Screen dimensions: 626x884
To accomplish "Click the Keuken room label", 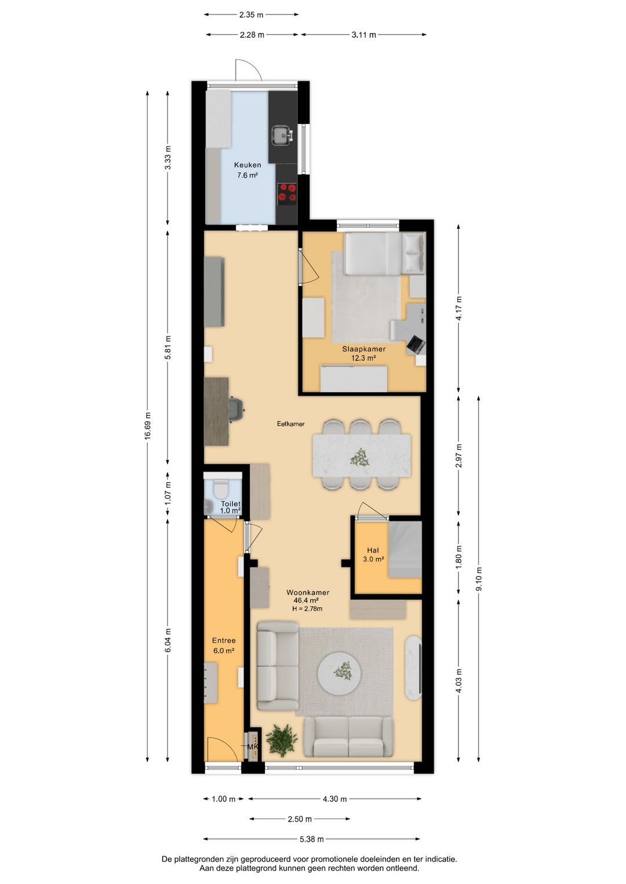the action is [x=248, y=165].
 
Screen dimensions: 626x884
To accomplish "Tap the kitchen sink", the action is [x=282, y=134].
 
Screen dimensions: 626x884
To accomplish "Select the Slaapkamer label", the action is [x=363, y=349].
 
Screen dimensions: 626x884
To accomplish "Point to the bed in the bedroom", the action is [x=385, y=253].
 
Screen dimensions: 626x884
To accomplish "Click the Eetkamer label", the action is [x=291, y=424].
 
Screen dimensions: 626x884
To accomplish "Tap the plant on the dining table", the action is [x=359, y=457].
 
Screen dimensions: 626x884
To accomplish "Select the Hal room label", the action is [x=373, y=550].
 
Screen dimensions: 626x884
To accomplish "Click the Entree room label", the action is [x=224, y=641].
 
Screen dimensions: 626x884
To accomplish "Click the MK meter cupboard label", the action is [x=252, y=747].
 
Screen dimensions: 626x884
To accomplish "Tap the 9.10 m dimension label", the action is [x=479, y=579].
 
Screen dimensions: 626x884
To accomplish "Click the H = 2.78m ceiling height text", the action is [x=307, y=608].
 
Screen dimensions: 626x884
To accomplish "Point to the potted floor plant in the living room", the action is [x=281, y=740].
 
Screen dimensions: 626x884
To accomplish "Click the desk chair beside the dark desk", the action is [x=237, y=410].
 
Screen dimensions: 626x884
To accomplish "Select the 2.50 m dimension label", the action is [x=300, y=819].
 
